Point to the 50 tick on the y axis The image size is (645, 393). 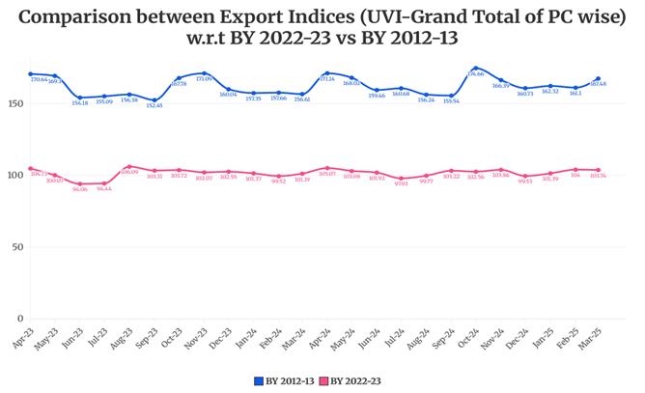[x=16, y=247]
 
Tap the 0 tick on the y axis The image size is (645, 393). [x=19, y=319]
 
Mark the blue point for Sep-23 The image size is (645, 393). [x=154, y=100]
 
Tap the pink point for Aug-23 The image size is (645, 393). [x=129, y=167]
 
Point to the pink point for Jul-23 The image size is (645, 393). [x=104, y=183]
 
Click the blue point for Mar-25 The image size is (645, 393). [x=599, y=78]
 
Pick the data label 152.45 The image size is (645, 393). [x=154, y=105]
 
